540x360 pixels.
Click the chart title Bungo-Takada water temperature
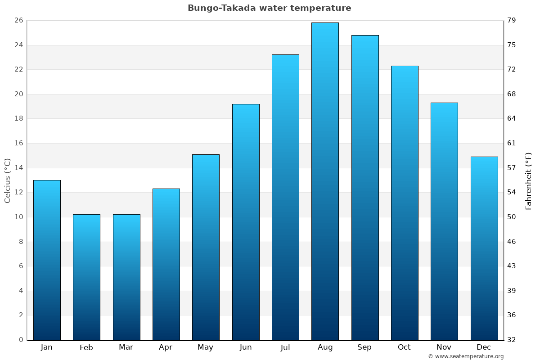coord(269,8)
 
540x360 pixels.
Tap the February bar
coord(86,277)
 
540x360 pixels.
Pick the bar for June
coord(246,222)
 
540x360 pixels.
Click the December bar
coord(484,248)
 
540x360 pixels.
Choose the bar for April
coord(166,264)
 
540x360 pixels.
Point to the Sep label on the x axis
coord(364,347)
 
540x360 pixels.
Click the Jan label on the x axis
coord(46,347)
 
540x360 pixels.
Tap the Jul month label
coord(285,347)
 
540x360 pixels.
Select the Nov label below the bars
coord(444,347)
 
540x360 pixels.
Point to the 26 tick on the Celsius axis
coord(18,21)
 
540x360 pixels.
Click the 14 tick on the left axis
coord(18,168)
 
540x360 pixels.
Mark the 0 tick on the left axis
coord(21,340)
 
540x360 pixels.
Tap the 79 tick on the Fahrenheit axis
coord(512,21)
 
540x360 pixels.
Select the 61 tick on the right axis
coord(512,143)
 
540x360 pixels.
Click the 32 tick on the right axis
coord(512,340)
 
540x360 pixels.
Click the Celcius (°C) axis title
coord(8,180)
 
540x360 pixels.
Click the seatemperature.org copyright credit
coord(466,356)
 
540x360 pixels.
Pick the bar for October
coord(405,202)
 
